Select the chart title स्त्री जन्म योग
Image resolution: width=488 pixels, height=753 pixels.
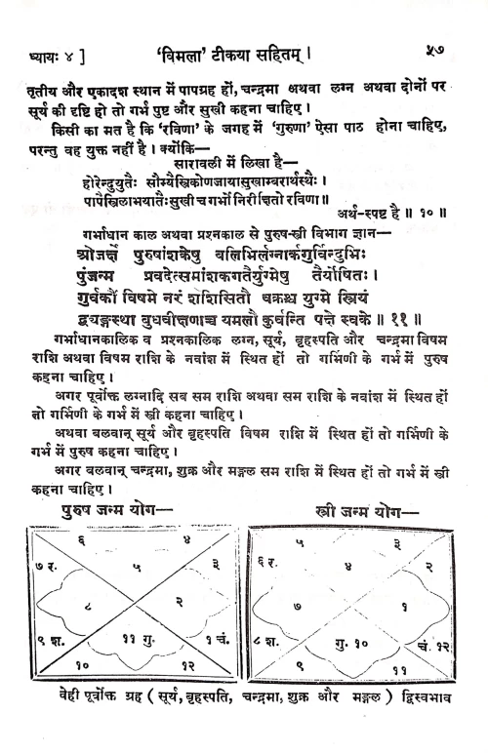tap(367, 510)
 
